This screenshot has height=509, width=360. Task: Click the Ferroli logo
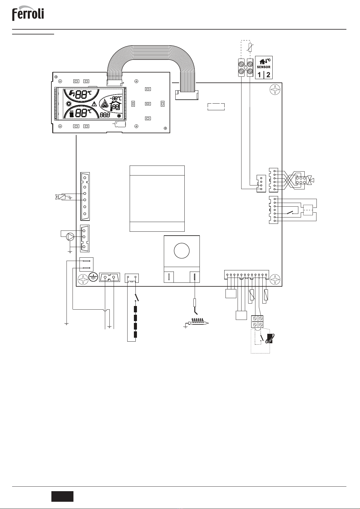28,13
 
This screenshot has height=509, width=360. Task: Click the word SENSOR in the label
264,67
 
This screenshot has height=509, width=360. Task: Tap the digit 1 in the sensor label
259,75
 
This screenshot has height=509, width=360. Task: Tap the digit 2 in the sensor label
268,75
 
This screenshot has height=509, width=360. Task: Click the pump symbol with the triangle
70,237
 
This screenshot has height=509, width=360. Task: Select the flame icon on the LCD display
105,104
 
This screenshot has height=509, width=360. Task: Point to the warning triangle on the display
94,104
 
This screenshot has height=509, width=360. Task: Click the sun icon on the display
68,104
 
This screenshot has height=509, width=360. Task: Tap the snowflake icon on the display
119,116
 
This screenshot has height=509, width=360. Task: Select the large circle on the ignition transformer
182,251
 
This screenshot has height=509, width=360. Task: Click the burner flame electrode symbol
197,322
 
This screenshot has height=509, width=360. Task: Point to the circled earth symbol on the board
93,277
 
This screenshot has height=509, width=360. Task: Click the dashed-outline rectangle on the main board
216,107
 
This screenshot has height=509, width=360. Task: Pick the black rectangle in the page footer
62,496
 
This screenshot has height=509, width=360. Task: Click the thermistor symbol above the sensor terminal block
250,48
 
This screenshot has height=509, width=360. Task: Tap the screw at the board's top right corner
275,89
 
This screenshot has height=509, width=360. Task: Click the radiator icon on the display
72,113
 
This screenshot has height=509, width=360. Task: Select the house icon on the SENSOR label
262,61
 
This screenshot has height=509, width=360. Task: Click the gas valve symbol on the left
60,197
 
